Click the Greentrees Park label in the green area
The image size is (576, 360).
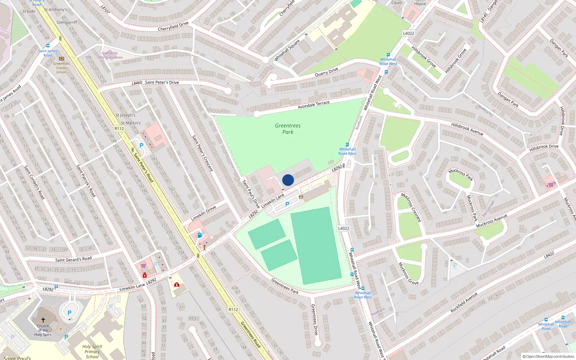click(288, 129)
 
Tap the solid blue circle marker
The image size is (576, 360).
click(288, 180)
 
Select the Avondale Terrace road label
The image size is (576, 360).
click(314, 105)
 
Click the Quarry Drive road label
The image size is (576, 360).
click(326, 72)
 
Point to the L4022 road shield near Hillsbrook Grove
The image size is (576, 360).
click(408, 33)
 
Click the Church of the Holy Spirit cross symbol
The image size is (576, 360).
click(43, 320)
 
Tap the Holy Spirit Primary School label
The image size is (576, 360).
click(92, 351)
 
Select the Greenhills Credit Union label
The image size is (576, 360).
click(62, 68)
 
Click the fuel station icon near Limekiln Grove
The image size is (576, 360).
click(200, 235)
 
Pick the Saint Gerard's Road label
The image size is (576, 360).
click(73, 259)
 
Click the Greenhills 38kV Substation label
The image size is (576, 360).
click(110, 55)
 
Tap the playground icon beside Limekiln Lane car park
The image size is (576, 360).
click(301, 197)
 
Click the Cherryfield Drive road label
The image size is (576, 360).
click(173, 26)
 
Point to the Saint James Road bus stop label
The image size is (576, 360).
click(48, 53)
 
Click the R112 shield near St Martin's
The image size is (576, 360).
click(119, 129)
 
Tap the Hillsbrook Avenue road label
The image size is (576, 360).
click(467, 129)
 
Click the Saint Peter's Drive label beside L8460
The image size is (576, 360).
click(162, 82)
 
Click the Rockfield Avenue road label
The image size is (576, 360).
click(464, 302)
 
